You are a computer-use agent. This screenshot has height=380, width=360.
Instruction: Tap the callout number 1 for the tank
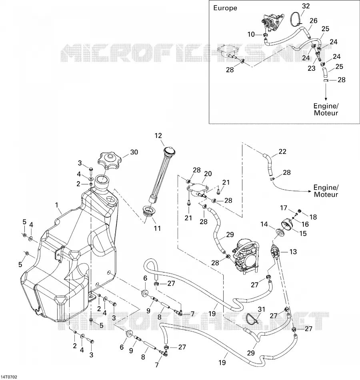click(x=57, y=205)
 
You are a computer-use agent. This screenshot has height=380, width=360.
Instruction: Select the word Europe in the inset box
click(x=225, y=8)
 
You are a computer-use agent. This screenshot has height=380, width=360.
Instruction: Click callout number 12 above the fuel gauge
click(x=158, y=136)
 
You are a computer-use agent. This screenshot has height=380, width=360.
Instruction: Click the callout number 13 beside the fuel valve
click(x=293, y=252)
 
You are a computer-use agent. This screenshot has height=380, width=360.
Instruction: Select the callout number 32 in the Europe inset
click(x=306, y=6)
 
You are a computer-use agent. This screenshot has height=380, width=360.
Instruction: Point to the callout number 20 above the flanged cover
click(x=208, y=174)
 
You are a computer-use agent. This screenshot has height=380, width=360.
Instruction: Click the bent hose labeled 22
click(x=268, y=164)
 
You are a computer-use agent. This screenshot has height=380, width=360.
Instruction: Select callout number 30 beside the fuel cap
click(x=134, y=152)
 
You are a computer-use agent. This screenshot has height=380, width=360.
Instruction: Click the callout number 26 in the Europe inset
click(x=314, y=20)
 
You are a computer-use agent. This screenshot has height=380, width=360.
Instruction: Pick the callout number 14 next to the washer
click(x=264, y=224)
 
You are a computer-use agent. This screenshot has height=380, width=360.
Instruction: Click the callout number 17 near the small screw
click(x=284, y=208)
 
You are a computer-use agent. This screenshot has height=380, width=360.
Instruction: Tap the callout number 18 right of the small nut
click(x=313, y=217)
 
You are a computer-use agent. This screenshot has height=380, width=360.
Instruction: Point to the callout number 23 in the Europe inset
click(x=312, y=68)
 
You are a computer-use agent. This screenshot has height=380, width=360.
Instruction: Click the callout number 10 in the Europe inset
click(x=251, y=34)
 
